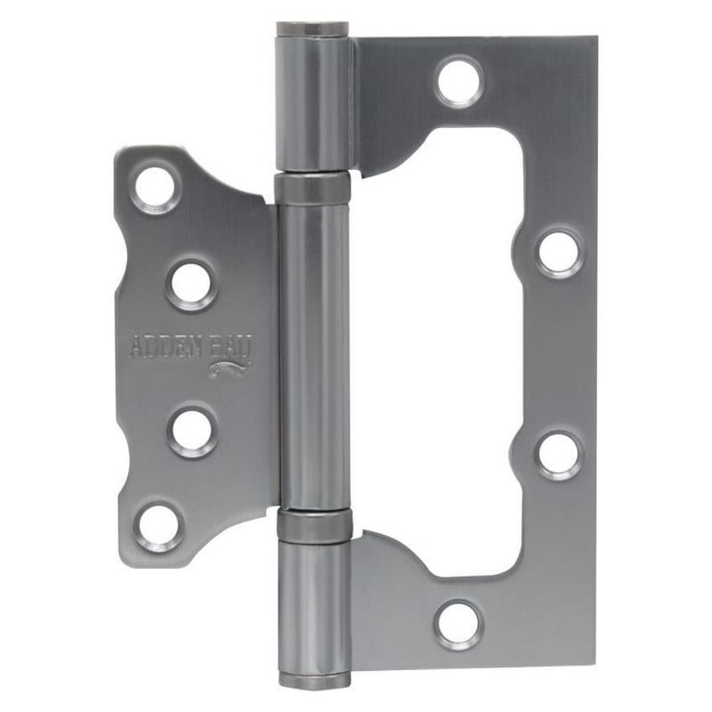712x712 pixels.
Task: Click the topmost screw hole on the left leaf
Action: pyautogui.click(x=155, y=187)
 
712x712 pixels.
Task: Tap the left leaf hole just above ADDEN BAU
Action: pyautogui.click(x=192, y=285)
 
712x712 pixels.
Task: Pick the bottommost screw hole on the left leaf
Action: pyautogui.click(x=159, y=528)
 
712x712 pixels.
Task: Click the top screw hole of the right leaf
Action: pyautogui.click(x=459, y=81)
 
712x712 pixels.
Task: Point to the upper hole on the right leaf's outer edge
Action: pyautogui.click(x=559, y=253)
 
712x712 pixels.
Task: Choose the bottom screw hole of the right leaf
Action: pyautogui.click(x=458, y=625)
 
